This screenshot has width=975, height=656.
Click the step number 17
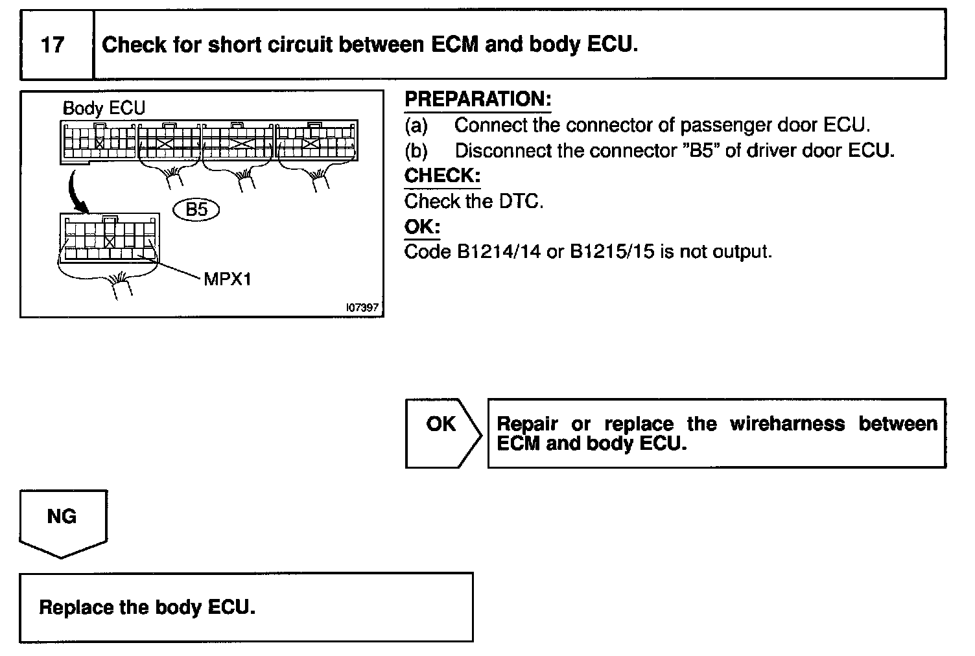53,45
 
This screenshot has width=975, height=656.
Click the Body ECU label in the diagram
104,108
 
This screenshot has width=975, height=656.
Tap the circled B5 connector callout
197,209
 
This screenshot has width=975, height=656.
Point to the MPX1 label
228,279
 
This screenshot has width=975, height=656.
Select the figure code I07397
362,308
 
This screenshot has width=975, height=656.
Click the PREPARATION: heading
478,99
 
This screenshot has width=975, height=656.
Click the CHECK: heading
442,176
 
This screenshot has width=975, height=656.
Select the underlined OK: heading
422,227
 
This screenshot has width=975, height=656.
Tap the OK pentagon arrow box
443,432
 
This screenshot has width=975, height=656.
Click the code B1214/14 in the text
499,252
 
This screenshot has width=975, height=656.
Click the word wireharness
787,424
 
